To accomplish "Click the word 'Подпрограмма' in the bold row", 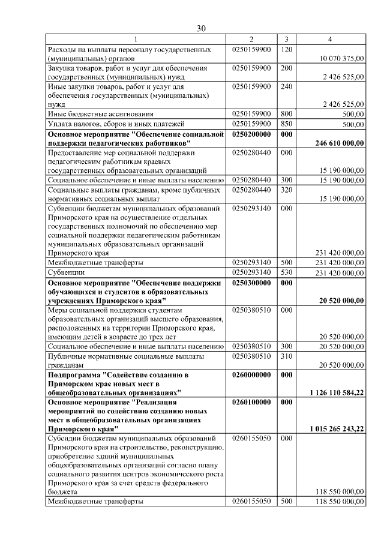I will [74, 374].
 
